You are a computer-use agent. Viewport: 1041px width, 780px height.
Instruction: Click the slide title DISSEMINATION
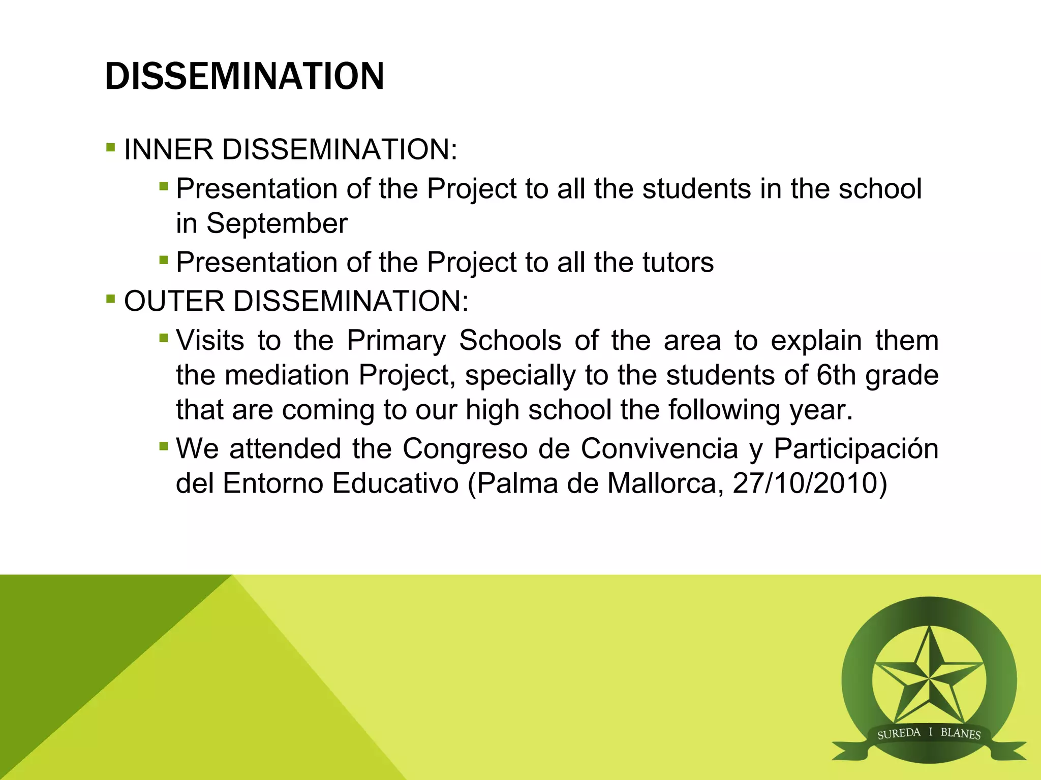click(244, 76)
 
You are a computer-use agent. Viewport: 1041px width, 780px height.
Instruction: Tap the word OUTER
click(174, 301)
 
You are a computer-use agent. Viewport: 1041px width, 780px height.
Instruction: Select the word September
click(277, 223)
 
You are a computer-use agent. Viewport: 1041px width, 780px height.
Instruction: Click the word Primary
click(396, 341)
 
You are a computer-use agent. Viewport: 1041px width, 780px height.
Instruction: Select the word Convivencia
click(659, 449)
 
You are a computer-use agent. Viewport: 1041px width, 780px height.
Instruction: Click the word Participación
click(855, 449)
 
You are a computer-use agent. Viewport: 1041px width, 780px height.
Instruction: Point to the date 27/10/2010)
click(810, 483)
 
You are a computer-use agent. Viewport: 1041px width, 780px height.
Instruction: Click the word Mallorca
click(665, 483)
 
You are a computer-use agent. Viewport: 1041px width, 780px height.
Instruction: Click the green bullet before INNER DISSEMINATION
click(111, 148)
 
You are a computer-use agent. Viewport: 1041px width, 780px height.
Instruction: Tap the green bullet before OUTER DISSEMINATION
click(111, 299)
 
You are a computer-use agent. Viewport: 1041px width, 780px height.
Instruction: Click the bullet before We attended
click(163, 447)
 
